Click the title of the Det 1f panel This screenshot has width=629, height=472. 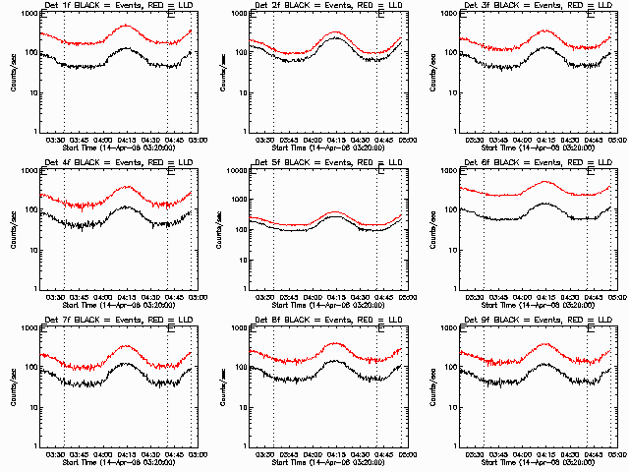point(116,6)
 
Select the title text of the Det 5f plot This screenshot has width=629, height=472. point(325,163)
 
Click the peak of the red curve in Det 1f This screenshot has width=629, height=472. point(126,26)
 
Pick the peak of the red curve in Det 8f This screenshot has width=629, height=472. point(335,343)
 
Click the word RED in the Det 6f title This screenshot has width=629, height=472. point(574,163)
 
